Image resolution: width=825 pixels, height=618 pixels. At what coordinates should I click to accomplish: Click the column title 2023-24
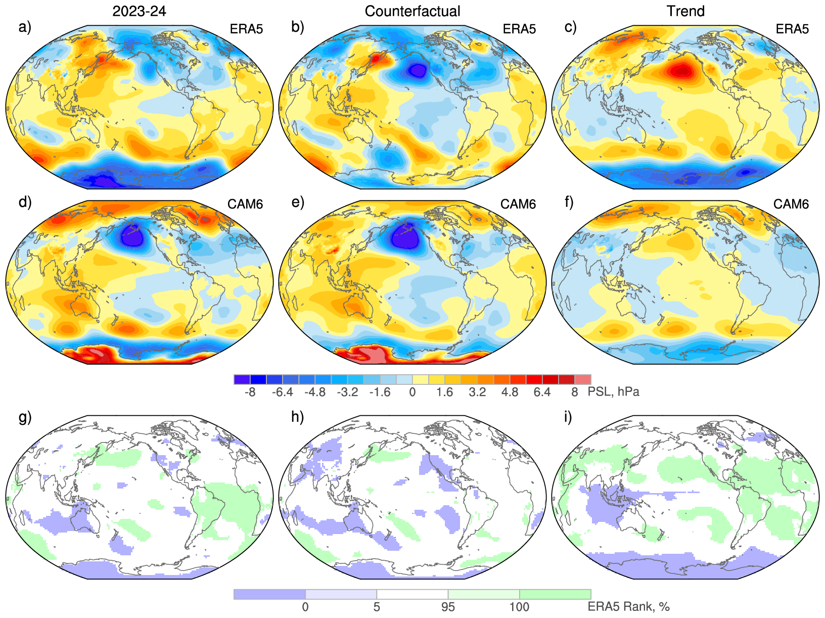pos(139,11)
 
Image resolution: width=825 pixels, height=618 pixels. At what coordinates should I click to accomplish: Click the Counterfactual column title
pos(412,11)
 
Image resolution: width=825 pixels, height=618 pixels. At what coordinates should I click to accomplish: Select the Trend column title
pos(685,11)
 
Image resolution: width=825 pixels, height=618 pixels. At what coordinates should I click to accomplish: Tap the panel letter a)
pos(25,27)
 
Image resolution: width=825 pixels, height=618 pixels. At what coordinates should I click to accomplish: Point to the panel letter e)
pos(298,202)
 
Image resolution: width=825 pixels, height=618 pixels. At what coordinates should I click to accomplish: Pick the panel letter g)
pos(25,417)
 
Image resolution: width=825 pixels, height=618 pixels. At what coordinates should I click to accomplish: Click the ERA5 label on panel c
pos(792,29)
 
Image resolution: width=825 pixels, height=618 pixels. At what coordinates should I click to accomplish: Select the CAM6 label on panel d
pos(245,204)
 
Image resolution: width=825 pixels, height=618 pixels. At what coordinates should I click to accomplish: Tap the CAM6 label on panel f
pos(791,204)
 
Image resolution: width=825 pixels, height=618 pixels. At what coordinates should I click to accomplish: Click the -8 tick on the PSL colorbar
pos(250,392)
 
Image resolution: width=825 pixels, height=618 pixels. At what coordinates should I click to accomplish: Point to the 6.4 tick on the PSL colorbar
pos(542,392)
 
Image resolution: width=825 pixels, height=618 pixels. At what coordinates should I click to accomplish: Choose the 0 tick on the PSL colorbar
pos(412,392)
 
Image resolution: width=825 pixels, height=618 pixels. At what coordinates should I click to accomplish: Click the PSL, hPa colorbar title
pos(613,392)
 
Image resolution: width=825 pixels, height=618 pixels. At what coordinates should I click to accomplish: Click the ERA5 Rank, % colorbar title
pos(628,607)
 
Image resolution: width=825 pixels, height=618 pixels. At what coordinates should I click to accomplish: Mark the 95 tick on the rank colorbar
pos(448,607)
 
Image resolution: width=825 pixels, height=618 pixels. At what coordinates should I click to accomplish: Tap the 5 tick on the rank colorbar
pos(377,607)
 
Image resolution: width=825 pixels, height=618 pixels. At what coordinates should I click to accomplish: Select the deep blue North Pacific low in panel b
pos(418,70)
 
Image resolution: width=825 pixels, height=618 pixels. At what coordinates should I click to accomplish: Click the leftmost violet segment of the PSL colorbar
pos(242,380)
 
